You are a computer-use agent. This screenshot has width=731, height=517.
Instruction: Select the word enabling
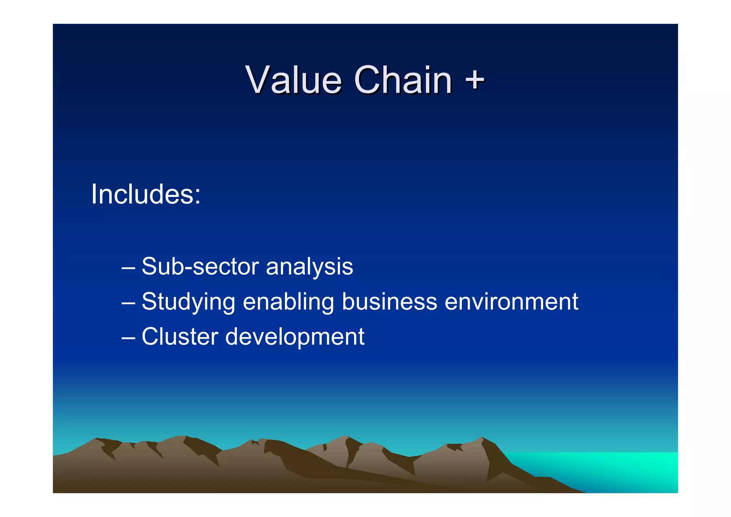tap(288, 302)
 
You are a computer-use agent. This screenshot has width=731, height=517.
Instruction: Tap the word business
tap(389, 302)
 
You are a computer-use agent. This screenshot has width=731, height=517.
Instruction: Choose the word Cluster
tap(180, 337)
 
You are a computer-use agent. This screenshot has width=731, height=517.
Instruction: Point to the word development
tap(295, 337)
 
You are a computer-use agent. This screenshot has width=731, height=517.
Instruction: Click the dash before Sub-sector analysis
tap(128, 268)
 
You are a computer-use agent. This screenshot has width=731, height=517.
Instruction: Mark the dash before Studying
tap(128, 303)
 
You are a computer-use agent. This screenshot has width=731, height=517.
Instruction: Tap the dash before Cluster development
tap(128, 338)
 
